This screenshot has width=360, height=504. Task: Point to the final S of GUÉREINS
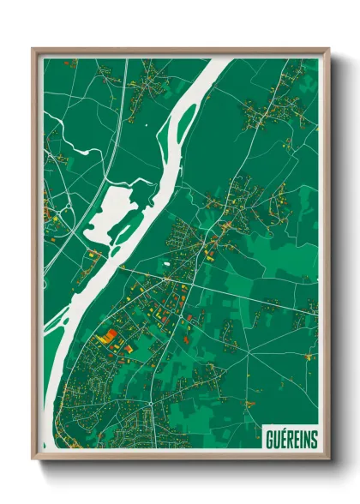pos(313,439)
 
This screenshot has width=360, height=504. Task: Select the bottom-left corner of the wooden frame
pos(33,459)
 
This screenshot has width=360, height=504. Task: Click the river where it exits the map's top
pos(219,62)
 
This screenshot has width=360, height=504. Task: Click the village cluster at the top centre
pos(152,81)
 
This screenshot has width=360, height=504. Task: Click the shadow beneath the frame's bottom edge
pos(180,467)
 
